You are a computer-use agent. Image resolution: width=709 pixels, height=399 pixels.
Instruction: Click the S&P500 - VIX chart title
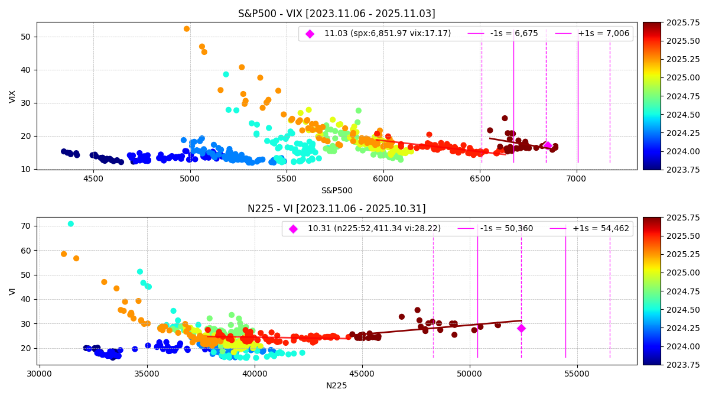coord(336,14)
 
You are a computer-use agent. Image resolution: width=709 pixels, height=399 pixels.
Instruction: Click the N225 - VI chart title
coord(336,209)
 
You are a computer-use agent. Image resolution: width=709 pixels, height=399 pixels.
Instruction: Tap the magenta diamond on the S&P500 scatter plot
coord(547,145)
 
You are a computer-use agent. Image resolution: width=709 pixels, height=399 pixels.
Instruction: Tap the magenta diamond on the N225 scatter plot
coord(521,328)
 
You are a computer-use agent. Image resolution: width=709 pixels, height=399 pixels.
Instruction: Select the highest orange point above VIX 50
coord(187,29)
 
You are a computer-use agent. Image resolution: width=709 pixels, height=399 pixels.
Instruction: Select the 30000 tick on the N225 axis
coord(40,374)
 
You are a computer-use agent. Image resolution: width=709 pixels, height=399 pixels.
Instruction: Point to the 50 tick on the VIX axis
coord(25,37)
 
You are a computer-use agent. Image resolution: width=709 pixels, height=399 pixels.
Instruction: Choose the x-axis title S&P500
coord(336,190)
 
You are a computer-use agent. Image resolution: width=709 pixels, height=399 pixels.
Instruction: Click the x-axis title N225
coord(336,385)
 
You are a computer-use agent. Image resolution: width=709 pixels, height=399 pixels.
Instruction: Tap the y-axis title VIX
coord(13,96)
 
